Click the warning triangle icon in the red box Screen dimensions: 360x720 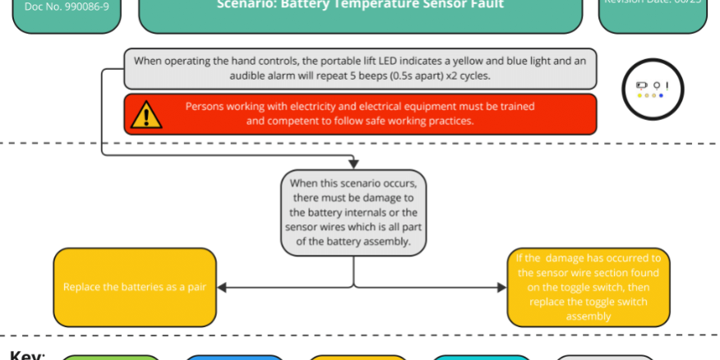pyautogui.click(x=146, y=113)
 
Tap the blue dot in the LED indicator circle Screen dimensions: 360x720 pyautogui.click(x=661, y=95)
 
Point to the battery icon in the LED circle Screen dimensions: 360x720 pyautogui.click(x=642, y=85)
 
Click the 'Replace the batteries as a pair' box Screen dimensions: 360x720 pyautogui.click(x=134, y=288)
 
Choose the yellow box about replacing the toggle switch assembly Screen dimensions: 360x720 pyautogui.click(x=588, y=287)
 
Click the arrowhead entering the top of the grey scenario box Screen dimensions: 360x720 pyautogui.click(x=354, y=164)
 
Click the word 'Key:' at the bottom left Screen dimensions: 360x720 pyautogui.click(x=26, y=355)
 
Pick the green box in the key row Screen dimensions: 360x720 pyautogui.click(x=112, y=357)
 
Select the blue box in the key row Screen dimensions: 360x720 pyautogui.click(x=235, y=357)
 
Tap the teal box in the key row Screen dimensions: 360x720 pyautogui.click(x=482, y=357)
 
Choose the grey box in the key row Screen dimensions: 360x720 pyautogui.click(x=605, y=357)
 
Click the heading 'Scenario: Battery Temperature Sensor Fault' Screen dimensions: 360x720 pyautogui.click(x=361, y=5)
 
